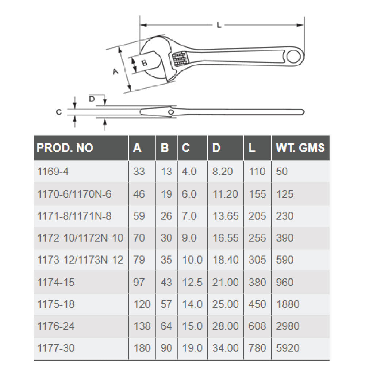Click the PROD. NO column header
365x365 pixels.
click(65, 147)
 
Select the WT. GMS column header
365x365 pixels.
click(300, 147)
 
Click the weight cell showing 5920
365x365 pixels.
click(288, 348)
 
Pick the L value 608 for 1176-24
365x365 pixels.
click(257, 326)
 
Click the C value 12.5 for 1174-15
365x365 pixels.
click(192, 282)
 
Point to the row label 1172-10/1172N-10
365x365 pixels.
click(80, 238)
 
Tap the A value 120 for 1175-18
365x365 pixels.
click(142, 304)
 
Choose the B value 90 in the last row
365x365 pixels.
click(166, 348)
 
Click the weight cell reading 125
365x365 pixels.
click(285, 194)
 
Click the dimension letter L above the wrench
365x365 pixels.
click(219, 25)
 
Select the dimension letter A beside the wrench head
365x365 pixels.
click(115, 72)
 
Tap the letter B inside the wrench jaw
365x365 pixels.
click(144, 63)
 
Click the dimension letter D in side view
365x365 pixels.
click(92, 99)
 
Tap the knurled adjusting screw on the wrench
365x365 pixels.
click(180, 58)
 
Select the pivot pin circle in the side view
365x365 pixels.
click(170, 111)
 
